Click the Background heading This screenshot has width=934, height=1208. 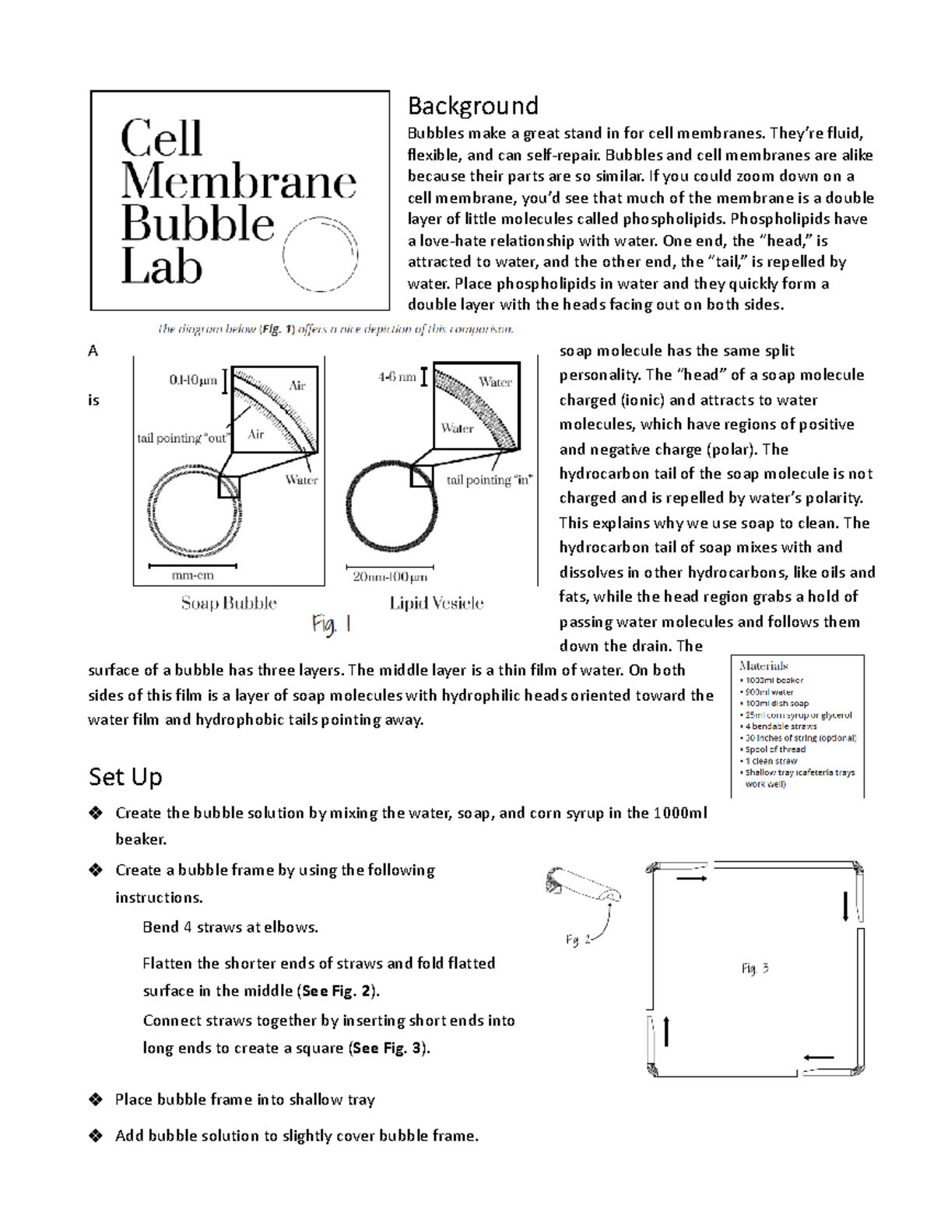tap(472, 105)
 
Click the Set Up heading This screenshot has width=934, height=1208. tap(125, 776)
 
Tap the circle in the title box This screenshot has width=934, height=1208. tap(321, 253)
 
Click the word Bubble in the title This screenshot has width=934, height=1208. tap(198, 223)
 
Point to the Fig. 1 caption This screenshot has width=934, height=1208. tap(332, 624)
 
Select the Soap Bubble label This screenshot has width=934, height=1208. tap(229, 603)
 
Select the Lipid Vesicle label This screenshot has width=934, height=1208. tap(436, 603)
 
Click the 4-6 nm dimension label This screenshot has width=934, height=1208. tap(397, 377)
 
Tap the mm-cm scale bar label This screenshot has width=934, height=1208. tap(192, 576)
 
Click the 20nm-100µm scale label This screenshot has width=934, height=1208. tap(389, 577)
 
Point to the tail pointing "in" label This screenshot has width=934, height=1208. tap(489, 480)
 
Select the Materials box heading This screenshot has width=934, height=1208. tap(764, 666)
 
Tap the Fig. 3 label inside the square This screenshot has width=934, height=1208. tap(754, 968)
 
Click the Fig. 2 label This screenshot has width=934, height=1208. tap(578, 940)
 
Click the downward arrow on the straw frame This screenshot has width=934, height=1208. tap(845, 907)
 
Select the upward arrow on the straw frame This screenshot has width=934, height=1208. tap(666, 1031)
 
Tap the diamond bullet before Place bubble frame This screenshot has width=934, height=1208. tap(96, 1099)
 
